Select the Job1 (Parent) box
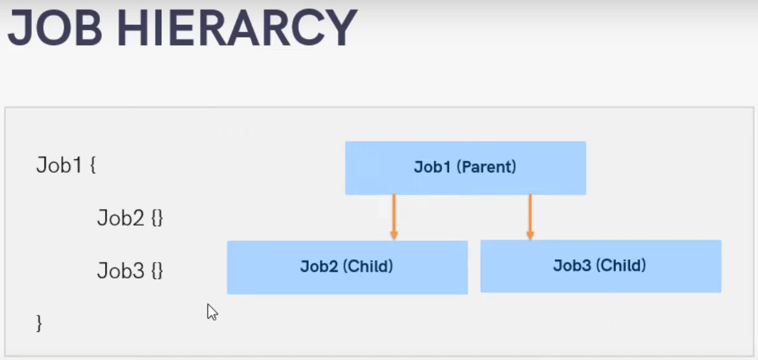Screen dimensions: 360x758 [x=465, y=168]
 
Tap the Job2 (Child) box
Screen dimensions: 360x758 [x=347, y=267]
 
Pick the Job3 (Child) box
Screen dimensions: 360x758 [x=600, y=266]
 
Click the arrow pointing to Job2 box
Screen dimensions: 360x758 [x=394, y=215]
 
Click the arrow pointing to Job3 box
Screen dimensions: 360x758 [x=529, y=215]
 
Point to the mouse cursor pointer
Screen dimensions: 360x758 [x=212, y=312]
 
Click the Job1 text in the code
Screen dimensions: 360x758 [x=59, y=166]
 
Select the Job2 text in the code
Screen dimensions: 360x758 [x=121, y=218]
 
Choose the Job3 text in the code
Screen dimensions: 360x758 [x=121, y=271]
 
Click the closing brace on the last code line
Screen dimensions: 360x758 [x=39, y=323]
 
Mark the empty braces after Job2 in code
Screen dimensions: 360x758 [x=157, y=219]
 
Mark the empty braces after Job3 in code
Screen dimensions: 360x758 [x=157, y=271]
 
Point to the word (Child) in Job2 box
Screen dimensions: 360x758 [x=368, y=266]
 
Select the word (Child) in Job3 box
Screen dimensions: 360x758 [x=621, y=266]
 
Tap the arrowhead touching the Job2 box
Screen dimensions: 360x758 [x=394, y=236]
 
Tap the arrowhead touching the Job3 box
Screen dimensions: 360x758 [x=529, y=236]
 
